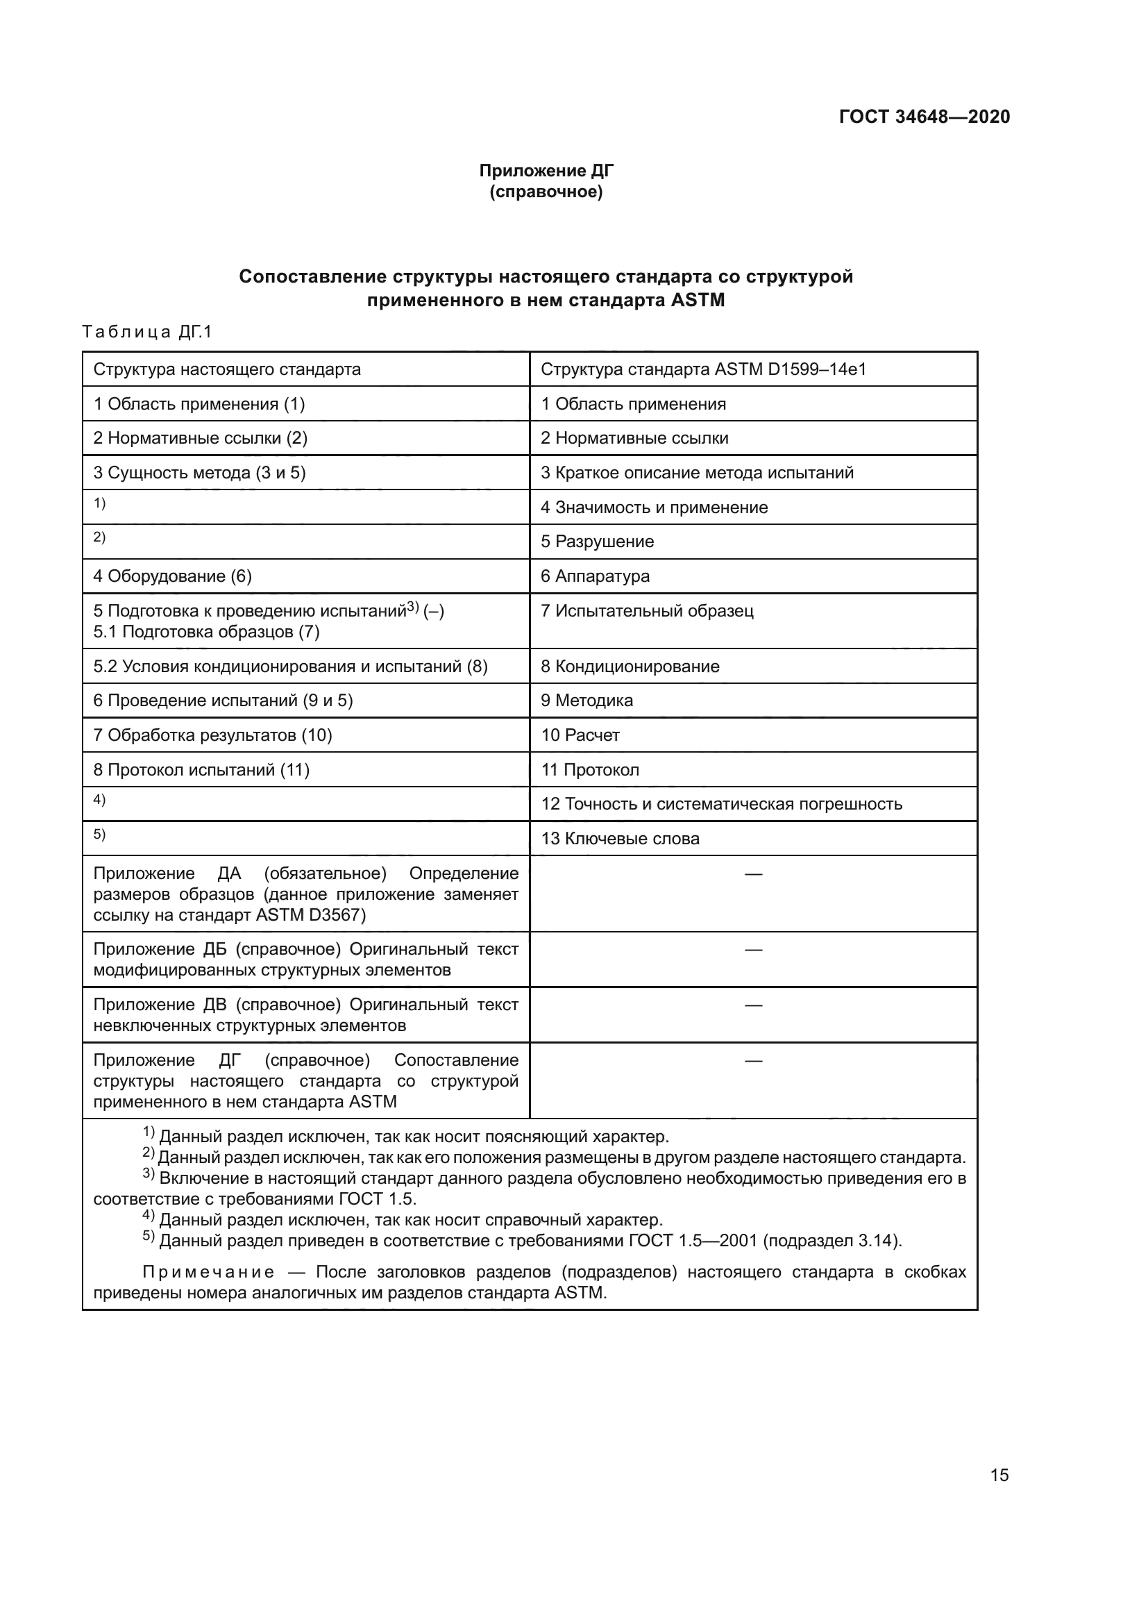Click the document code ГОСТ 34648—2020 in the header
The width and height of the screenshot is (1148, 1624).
[924, 117]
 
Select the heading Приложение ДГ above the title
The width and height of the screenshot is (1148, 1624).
[546, 171]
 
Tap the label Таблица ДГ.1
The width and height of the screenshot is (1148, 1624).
[147, 332]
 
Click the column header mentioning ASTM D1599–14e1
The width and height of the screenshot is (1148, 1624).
[702, 369]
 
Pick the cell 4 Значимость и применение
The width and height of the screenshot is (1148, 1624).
[654, 507]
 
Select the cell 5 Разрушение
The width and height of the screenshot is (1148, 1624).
[598, 541]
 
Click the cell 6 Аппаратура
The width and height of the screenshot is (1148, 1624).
[595, 576]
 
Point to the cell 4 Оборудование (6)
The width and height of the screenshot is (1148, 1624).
[173, 576]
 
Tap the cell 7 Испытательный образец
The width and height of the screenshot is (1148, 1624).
[647, 610]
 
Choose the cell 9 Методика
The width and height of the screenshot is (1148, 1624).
[586, 701]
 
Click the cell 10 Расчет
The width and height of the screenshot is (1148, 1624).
[580, 735]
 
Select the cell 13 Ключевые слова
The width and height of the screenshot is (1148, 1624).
[620, 838]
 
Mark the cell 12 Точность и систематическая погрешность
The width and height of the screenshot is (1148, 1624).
[721, 803]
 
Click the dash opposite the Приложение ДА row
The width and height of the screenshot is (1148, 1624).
[754, 874]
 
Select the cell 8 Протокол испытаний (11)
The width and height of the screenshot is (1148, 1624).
[201, 769]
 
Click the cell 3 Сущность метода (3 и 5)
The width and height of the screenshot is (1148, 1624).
[199, 473]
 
